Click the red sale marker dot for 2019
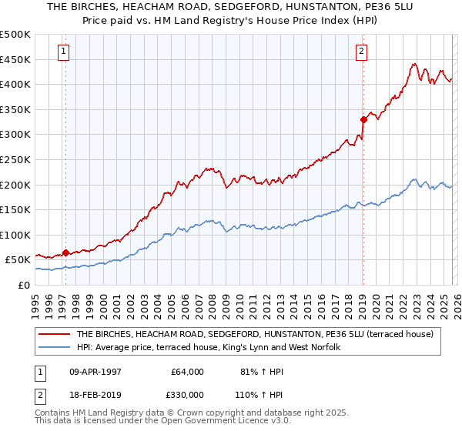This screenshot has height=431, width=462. (x=362, y=119)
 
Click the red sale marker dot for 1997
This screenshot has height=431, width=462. (x=65, y=252)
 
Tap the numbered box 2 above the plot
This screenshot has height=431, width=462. (x=360, y=52)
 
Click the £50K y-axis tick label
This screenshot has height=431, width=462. (x=18, y=260)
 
